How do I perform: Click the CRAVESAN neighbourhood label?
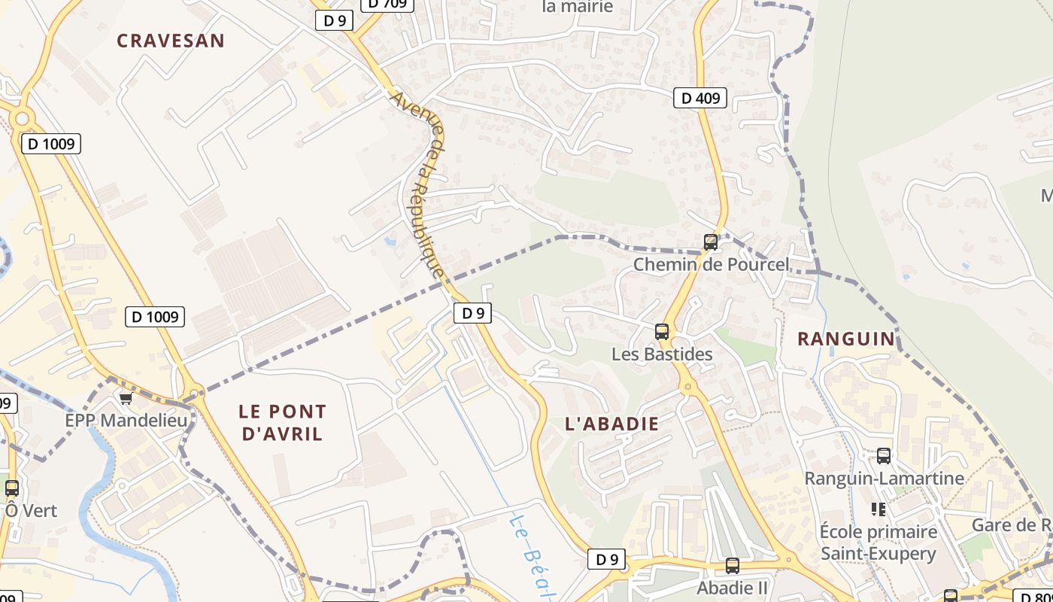tap(171, 41)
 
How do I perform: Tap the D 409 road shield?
tap(700, 97)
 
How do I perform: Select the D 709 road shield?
tap(387, 4)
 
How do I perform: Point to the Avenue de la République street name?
tap(419, 184)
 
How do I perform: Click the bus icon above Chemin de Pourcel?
tap(711, 242)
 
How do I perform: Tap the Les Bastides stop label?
tap(662, 354)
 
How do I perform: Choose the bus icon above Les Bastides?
tap(662, 332)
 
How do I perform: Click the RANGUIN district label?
tap(847, 339)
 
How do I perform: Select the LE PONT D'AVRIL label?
tap(283, 423)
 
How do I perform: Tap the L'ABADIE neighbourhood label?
tap(611, 424)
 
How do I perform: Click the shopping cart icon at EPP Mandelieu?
tap(126, 398)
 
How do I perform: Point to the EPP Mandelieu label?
tap(126, 420)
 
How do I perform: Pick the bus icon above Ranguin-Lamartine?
tap(884, 456)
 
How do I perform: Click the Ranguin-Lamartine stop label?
tap(884, 479)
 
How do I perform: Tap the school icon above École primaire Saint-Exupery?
tap(878, 509)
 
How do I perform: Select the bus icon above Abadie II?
tap(733, 566)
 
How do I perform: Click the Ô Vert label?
tap(32, 511)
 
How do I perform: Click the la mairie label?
tap(578, 7)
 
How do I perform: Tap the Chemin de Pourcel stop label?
tap(711, 265)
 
